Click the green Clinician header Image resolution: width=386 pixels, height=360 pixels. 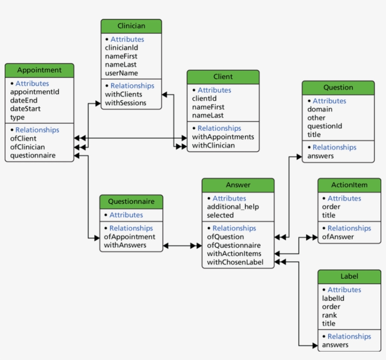131,26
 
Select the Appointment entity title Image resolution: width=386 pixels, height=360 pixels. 40,70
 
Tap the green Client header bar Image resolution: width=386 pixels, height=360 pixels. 223,77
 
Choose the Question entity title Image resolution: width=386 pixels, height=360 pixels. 338,88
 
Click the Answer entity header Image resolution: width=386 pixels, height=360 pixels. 238,185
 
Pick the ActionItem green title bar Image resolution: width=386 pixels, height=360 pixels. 349,185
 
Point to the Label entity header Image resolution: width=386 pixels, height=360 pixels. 349,276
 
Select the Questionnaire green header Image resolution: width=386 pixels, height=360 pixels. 131,201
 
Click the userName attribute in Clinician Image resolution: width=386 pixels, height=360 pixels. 121,73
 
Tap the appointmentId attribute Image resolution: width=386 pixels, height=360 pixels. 35,92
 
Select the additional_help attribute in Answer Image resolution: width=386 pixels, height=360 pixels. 233,207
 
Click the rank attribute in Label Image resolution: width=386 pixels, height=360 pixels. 330,315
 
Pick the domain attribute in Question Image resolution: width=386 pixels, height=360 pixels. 320,109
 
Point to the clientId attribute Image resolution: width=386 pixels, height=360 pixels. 204,98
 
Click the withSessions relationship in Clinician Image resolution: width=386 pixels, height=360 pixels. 126,103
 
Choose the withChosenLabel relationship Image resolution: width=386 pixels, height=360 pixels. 235,262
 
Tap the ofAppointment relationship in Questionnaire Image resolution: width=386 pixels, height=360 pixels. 129,237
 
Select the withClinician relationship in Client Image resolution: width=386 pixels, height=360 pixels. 213,145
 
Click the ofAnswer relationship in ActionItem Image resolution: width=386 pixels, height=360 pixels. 338,237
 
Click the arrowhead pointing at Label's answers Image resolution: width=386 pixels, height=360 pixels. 314,345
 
